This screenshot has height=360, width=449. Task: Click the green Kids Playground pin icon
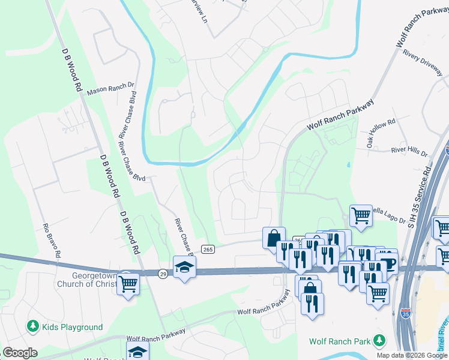[x=33, y=327]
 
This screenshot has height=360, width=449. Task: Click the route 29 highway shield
[x=163, y=273]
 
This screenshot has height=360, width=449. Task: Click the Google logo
[x=20, y=353]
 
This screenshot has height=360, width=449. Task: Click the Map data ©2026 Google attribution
[x=412, y=355]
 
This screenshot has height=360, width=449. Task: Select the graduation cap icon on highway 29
[x=184, y=268]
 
